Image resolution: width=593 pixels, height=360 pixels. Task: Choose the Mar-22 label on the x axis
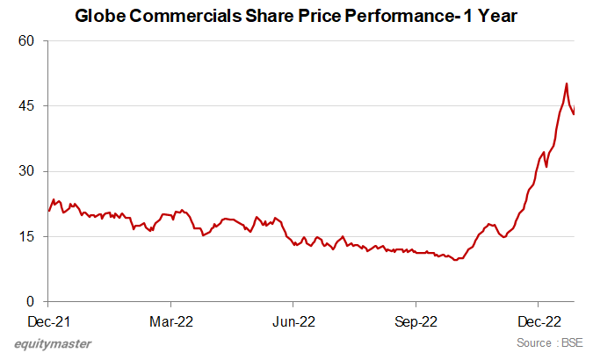[171, 320]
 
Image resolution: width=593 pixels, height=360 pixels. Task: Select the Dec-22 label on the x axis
[540, 320]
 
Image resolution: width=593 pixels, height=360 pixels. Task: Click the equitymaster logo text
[53, 344]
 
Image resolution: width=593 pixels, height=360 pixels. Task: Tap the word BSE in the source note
[571, 342]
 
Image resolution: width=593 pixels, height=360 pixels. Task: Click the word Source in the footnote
[534, 342]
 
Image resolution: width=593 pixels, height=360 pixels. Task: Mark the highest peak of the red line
[567, 83]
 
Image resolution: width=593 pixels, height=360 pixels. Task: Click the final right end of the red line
[575, 114]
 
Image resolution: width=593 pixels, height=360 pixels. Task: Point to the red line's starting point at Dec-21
[48, 211]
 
